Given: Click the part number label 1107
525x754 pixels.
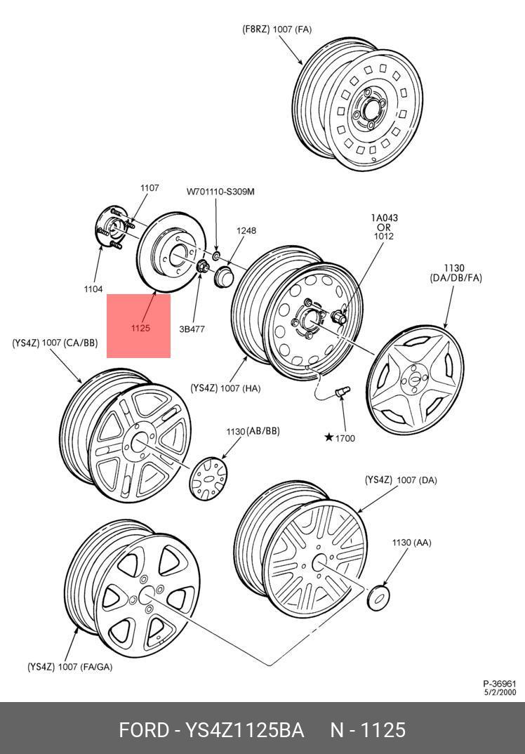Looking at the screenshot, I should (x=149, y=187).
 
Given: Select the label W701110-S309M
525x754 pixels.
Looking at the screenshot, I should (x=220, y=192).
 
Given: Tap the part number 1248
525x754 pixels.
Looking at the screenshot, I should (x=246, y=230).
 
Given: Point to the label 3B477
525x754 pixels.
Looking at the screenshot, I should (x=192, y=329).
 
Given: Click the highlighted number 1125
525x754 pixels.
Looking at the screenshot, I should (x=140, y=328).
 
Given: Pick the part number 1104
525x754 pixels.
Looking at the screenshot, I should (x=93, y=289).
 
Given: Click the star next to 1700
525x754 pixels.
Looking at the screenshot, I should (x=328, y=438).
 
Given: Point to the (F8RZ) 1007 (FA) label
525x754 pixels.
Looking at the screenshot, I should (x=277, y=29).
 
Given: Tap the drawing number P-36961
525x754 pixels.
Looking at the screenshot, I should (x=499, y=684).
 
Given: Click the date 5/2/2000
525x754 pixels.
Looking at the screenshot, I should (x=499, y=692).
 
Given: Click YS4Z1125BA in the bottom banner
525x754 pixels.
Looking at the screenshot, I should (x=244, y=730).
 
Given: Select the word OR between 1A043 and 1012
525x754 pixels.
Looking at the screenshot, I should (x=384, y=227).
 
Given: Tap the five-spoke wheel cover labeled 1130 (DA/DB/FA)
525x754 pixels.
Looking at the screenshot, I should (x=415, y=378).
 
